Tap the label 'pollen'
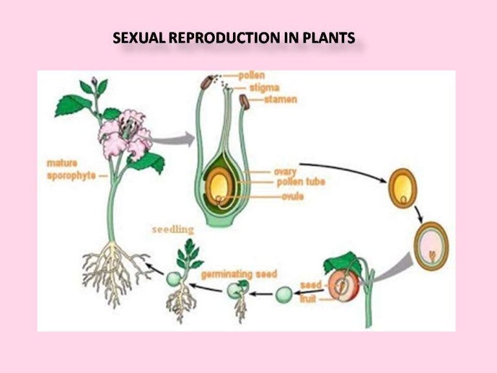(x=251, y=76)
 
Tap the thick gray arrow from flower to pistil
(x=175, y=138)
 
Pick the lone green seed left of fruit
(x=283, y=294)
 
